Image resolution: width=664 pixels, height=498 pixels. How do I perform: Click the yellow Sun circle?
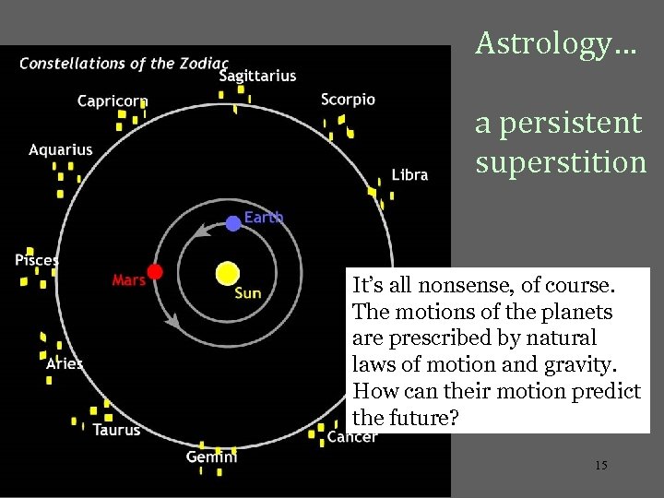[x=227, y=274]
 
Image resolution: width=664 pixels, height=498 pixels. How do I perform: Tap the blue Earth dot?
[x=233, y=222]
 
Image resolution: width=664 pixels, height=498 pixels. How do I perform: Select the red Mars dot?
[x=155, y=271]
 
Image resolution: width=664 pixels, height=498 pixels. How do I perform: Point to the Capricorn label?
[x=113, y=101]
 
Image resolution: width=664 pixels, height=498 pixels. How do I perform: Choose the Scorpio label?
[x=348, y=100]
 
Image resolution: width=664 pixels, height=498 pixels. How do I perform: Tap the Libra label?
[x=409, y=174]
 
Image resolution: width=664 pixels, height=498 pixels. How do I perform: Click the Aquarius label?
[x=61, y=149]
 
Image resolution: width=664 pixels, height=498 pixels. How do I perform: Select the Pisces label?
[x=37, y=260]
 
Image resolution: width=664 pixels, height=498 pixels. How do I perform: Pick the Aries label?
[x=65, y=363]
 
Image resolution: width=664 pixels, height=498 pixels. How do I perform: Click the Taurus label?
[x=116, y=430]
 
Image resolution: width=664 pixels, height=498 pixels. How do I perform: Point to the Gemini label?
[x=211, y=456]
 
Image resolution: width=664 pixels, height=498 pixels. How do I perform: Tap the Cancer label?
[x=351, y=436]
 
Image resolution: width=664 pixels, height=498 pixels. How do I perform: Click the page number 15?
[x=600, y=466]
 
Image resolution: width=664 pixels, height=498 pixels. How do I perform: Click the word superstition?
[x=561, y=162]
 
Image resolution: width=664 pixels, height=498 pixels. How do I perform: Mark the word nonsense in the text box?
[x=437, y=287]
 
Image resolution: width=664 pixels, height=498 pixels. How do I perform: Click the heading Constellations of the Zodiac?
[x=124, y=64]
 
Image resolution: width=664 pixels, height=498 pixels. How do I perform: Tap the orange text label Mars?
[x=128, y=279]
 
